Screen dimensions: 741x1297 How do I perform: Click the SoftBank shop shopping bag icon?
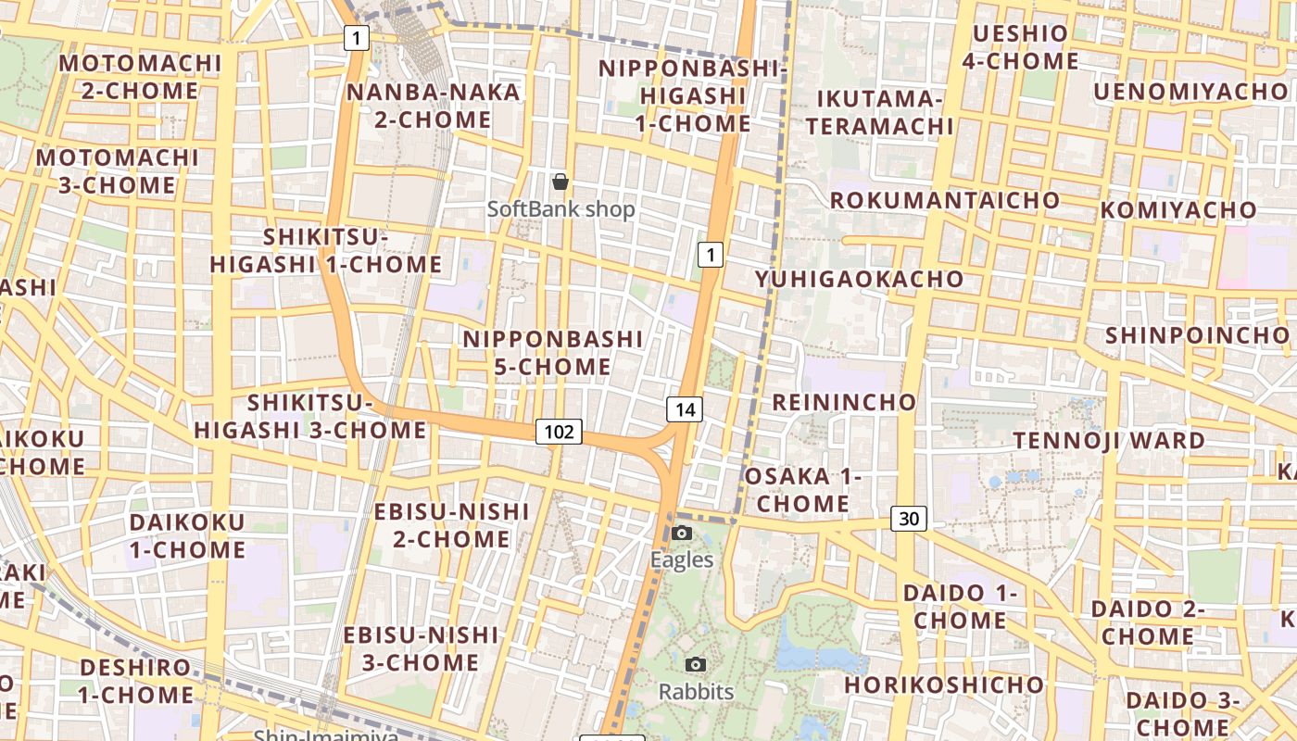(560, 182)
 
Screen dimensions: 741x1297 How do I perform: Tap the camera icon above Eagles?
(682, 533)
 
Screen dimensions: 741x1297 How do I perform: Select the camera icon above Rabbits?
(696, 664)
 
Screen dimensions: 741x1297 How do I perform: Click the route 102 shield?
(559, 431)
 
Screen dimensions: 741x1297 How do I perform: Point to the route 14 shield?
(685, 408)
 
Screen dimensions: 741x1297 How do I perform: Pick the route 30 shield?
(909, 519)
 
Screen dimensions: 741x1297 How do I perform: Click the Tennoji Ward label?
(1109, 440)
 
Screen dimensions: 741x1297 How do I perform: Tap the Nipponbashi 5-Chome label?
(553, 352)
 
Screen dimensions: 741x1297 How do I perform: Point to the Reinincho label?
(844, 402)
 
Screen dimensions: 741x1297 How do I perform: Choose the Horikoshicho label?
(943, 685)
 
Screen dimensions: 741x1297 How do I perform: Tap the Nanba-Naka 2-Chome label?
(434, 106)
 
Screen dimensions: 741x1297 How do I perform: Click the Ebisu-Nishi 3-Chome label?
(422, 648)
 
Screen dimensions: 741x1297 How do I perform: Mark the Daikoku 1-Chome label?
(187, 535)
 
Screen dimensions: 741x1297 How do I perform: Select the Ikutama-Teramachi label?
(879, 112)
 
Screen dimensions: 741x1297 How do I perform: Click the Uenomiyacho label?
(1190, 92)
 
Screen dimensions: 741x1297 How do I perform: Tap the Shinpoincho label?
(1196, 334)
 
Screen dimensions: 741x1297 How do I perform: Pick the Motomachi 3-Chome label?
(118, 170)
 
